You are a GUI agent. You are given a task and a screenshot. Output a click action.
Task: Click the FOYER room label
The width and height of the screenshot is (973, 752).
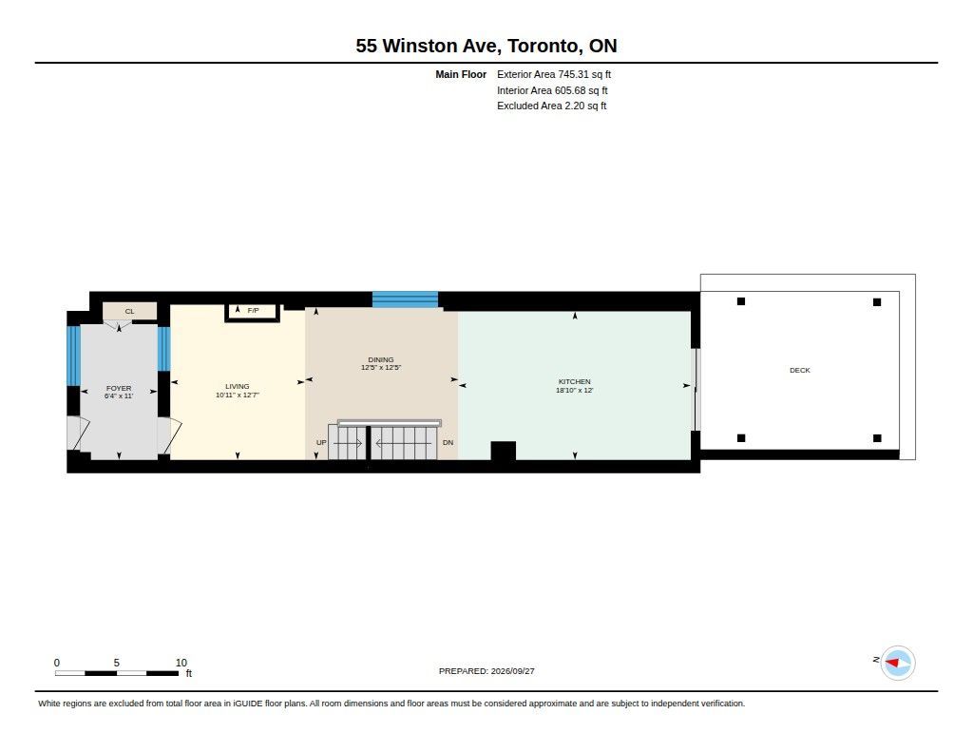pos(119,388)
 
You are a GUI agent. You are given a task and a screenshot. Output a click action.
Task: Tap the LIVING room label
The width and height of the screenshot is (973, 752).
pos(237,386)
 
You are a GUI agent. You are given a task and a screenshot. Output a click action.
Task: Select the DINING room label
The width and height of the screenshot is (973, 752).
pos(381,359)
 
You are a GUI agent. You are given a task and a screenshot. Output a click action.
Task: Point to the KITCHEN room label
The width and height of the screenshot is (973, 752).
pos(575,382)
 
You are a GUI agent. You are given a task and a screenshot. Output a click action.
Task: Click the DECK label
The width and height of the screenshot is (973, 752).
pos(800,370)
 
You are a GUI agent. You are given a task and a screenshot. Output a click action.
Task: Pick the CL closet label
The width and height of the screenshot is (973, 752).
pos(129,311)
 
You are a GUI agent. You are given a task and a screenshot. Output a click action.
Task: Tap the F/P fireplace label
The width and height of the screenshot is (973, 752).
pos(253,310)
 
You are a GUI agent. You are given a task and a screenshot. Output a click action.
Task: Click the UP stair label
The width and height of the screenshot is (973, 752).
pos(321,443)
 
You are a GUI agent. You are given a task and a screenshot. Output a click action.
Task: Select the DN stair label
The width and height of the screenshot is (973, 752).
pos(448,443)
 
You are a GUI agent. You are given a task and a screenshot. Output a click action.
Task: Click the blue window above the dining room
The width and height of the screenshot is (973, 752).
pos(405,299)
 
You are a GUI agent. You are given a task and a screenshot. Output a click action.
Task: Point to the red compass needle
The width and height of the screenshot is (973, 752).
pos(891,664)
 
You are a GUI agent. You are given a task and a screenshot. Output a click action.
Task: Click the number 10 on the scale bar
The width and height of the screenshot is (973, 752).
pos(181,663)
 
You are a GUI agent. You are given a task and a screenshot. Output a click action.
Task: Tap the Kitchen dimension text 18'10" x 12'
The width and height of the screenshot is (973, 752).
pos(575,390)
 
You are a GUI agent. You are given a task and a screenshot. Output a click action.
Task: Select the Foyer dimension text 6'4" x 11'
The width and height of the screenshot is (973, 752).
pos(119,395)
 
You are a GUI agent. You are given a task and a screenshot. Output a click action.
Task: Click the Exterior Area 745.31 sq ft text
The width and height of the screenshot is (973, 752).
pos(554,74)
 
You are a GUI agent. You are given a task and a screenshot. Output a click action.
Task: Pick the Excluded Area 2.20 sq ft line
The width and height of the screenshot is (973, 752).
pos(552,106)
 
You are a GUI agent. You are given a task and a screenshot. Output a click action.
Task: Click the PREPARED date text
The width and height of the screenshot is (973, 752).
pos(486,671)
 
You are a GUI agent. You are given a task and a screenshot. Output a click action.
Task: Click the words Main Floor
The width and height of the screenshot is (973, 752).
pos(461,74)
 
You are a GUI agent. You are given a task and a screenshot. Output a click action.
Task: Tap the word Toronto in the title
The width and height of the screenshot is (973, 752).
pos(544,46)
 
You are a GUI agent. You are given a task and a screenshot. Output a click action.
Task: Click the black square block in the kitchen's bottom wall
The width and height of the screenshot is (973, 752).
pos(504,451)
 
